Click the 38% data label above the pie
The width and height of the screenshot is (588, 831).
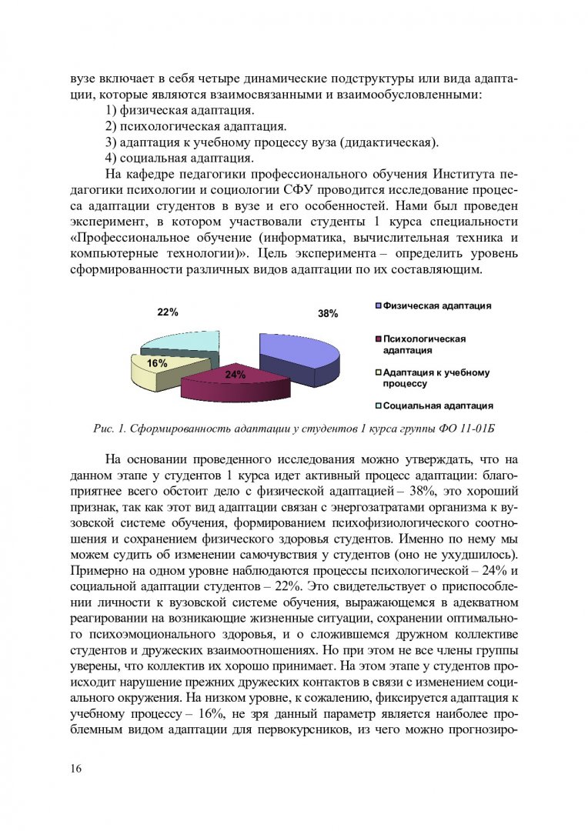point(328,314)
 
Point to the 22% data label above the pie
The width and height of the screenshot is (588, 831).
point(168,312)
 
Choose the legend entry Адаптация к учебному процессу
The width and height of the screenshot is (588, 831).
point(436,378)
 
